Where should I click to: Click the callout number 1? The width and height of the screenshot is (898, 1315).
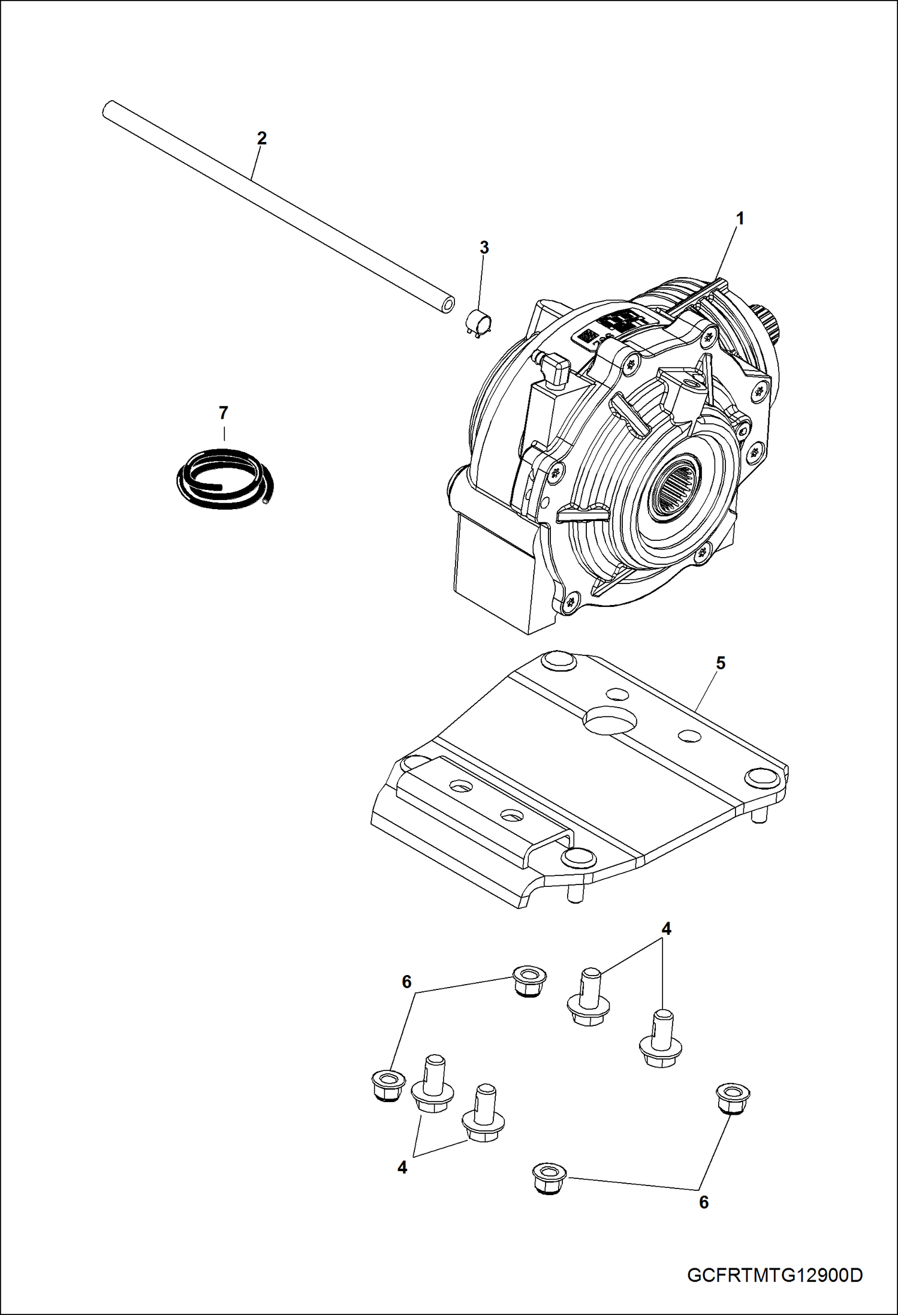pos(740,219)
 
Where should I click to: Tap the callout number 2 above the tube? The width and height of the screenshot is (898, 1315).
pos(261,138)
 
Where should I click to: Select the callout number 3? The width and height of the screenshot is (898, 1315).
pos(484,247)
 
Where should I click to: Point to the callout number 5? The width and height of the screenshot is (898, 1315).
pos(721,663)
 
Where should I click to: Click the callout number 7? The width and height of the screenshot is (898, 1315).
pos(223,413)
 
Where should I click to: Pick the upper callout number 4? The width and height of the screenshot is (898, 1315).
pos(666,929)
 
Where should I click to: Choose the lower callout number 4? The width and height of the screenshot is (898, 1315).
pos(402,1167)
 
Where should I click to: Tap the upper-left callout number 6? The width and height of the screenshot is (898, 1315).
pos(406,982)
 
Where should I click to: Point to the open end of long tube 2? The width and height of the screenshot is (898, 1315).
pos(445,304)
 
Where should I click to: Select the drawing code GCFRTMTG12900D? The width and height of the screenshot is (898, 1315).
pos(775,1275)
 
